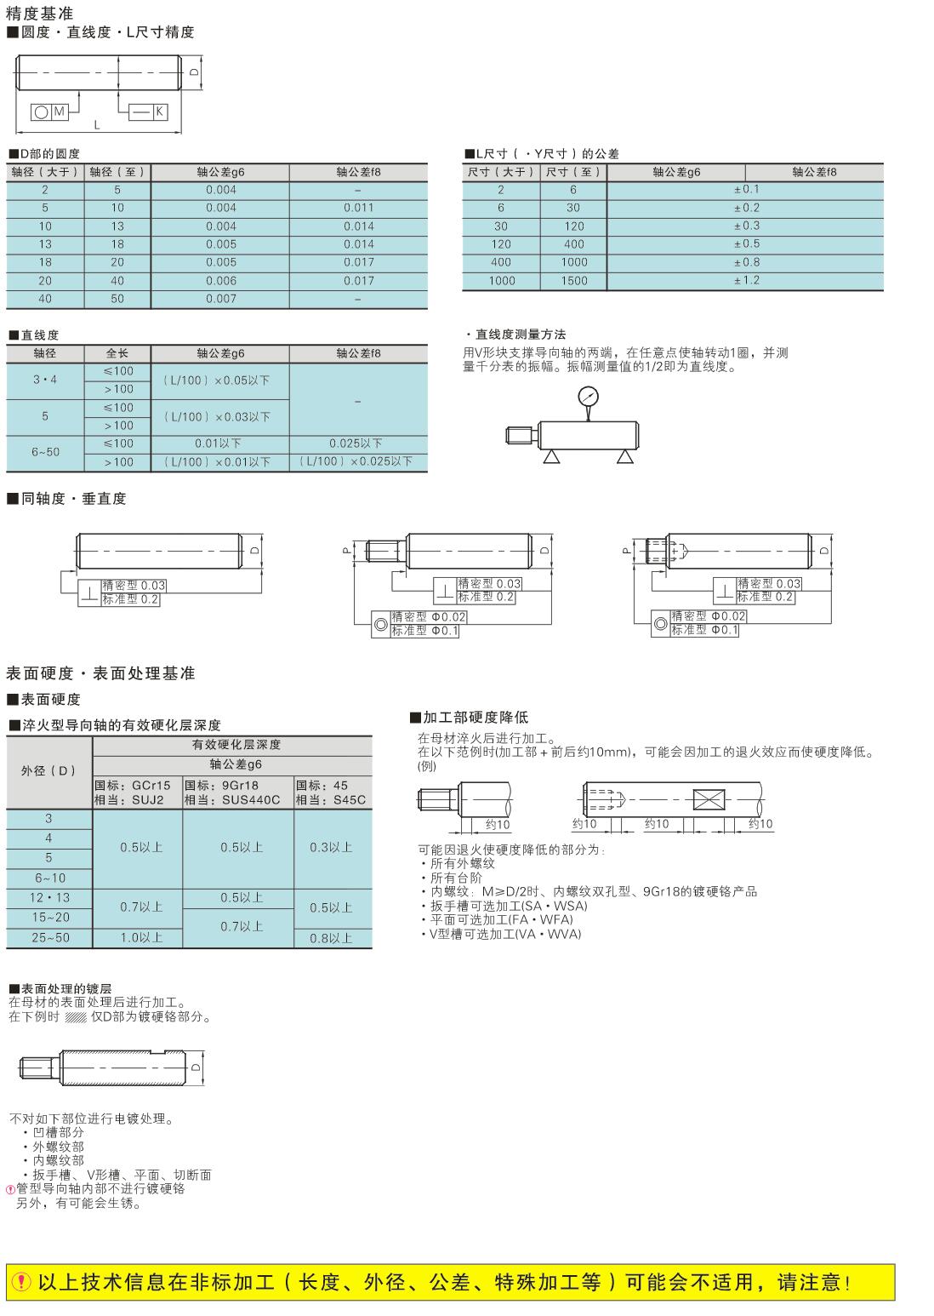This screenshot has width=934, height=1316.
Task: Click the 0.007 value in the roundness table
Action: pos(220,299)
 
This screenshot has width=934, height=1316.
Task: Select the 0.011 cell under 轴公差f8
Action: pos(358,208)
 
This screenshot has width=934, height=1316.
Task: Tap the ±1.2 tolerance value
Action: pos(746,280)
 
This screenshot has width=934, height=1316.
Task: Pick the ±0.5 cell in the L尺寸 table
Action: pos(746,244)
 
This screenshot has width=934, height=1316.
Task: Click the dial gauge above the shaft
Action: pos(587,397)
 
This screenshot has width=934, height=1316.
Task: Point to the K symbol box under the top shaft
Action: pos(159,112)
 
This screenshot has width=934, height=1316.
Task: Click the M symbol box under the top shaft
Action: pos(59,112)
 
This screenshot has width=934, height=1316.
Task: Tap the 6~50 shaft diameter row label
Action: pos(46,452)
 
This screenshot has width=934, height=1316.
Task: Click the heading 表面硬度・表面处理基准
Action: pos(100,673)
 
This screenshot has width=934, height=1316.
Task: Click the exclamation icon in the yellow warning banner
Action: pos(22,1282)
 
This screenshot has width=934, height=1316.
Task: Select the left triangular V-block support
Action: pos(551,458)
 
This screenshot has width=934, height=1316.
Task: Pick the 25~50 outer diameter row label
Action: pos(49,937)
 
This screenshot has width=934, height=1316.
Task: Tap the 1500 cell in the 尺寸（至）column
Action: pos(574,281)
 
